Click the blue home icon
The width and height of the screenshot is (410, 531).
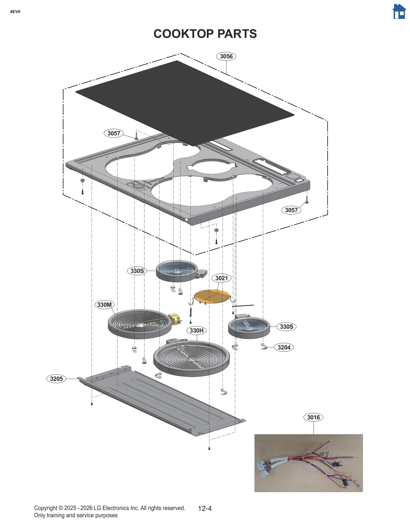399,12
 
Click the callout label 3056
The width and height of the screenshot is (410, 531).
226,56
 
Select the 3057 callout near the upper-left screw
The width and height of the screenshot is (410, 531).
114,133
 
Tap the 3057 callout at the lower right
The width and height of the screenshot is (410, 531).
291,210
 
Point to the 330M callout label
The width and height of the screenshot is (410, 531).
104,305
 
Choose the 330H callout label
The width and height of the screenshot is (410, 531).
196,330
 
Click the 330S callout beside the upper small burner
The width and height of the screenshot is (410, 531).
137,271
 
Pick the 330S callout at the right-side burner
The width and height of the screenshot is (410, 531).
286,327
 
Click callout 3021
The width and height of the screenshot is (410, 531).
221,278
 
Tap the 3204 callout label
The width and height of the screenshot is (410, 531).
284,347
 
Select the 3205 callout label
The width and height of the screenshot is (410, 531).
56,379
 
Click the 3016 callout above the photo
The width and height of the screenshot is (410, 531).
313,417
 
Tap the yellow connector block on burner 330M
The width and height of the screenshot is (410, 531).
175,319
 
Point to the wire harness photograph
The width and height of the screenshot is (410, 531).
308,463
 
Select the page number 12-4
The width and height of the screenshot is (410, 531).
205,508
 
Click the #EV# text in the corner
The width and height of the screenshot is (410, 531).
15,12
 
